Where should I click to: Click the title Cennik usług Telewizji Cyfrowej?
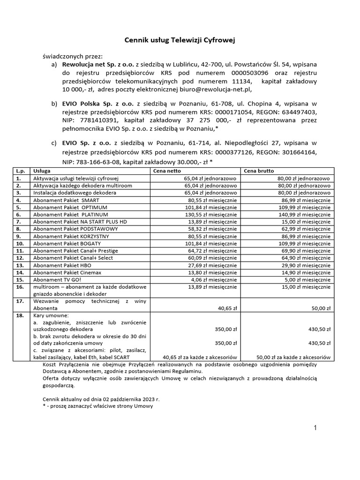coord(180,41)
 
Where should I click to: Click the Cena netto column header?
coord(166,171)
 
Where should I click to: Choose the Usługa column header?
coord(41,171)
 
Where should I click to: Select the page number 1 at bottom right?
coord(315,427)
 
